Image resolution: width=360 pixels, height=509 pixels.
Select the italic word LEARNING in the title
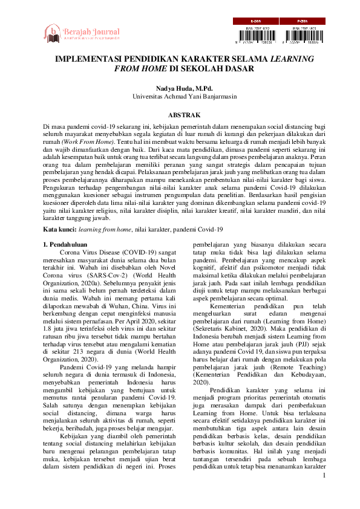pos(292,60)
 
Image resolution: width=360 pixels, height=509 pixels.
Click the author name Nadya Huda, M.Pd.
pos(180,88)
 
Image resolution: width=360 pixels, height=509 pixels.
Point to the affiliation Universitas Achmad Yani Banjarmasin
pos(180,96)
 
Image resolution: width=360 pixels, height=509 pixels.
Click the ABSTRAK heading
pos(180,115)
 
